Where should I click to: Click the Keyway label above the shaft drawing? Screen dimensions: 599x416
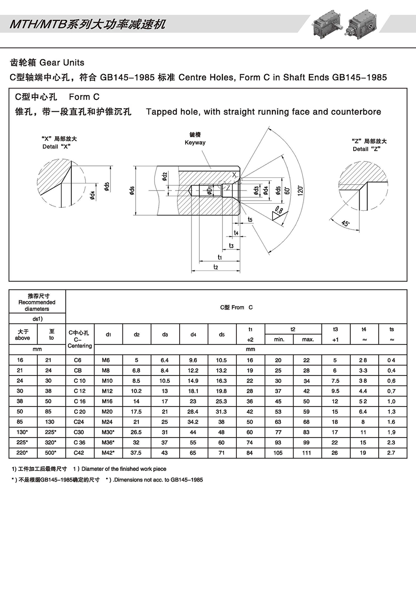(195, 143)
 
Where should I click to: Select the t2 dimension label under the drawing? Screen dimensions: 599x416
(216, 267)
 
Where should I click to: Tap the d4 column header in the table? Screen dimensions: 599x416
(193, 335)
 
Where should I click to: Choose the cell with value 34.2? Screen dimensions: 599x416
(193, 422)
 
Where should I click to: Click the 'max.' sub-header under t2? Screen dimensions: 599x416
(308, 339)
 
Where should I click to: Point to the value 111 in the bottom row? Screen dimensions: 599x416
(307, 453)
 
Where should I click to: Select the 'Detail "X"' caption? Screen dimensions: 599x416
(56, 147)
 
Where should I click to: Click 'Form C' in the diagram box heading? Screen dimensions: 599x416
(84, 97)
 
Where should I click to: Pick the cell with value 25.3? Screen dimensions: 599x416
(221, 401)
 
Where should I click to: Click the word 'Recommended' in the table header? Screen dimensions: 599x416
(37, 302)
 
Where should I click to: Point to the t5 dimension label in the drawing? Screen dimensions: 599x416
(250, 219)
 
